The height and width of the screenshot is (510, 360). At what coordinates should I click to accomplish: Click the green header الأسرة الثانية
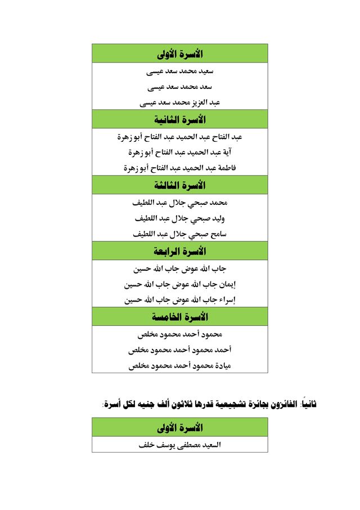point(180,120)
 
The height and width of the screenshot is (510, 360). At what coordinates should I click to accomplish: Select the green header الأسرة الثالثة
point(180,186)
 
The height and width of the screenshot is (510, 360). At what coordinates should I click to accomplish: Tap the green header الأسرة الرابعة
point(180,251)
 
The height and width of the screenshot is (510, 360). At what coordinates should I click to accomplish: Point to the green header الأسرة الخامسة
point(180,317)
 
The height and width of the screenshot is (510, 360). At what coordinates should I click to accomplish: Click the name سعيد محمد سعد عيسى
point(180,71)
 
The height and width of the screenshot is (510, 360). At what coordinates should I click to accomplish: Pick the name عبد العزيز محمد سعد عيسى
point(180,102)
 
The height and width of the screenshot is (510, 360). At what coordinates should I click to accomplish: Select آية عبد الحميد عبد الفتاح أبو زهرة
point(180,152)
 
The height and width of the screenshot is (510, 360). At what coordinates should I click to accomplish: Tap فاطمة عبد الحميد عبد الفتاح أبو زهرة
point(180,168)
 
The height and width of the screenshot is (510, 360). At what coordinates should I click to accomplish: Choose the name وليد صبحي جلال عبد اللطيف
point(180,218)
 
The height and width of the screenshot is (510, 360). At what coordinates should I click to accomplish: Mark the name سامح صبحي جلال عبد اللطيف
point(180,234)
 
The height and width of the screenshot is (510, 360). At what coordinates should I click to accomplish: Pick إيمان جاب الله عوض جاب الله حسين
point(180,284)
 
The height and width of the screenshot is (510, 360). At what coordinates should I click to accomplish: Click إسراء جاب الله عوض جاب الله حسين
point(180,300)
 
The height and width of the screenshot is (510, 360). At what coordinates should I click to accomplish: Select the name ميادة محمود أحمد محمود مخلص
point(180,365)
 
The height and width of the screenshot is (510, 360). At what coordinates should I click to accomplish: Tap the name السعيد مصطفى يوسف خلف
point(180,445)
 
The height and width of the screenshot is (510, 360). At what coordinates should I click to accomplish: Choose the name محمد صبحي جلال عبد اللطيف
point(180,202)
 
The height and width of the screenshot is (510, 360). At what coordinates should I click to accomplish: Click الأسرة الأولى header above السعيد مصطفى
point(180,427)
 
